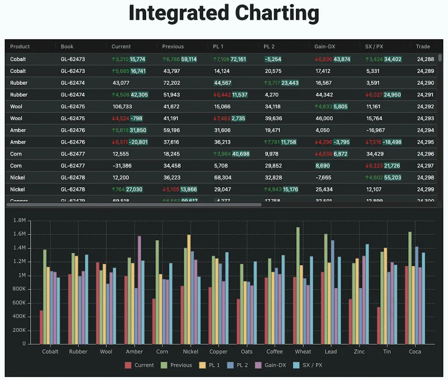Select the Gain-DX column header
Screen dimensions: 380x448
coord(325,46)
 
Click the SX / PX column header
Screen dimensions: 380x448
coord(374,46)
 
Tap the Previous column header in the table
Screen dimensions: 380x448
coord(173,46)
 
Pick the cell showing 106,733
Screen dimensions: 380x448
coord(122,106)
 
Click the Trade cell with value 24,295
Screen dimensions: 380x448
coord(425,142)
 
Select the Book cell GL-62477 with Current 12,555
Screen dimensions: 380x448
coord(73,154)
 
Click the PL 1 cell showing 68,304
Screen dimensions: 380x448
coord(223,178)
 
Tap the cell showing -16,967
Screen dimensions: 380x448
coord(375,130)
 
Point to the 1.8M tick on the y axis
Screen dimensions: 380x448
coord(20,220)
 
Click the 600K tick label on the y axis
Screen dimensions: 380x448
coord(19,303)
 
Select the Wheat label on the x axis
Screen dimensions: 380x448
coord(303,352)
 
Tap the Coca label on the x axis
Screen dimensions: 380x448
coord(415,352)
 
